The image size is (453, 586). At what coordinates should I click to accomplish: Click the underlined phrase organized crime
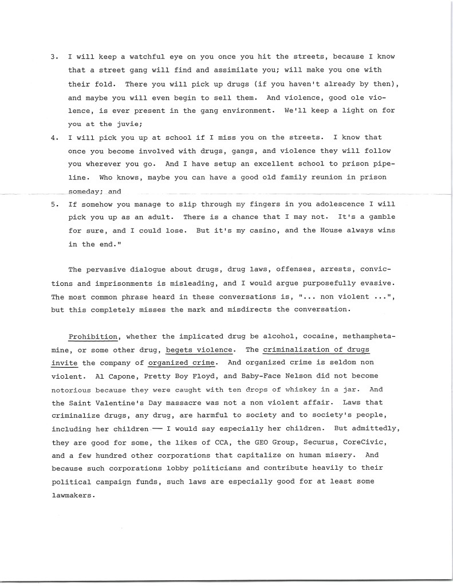point(181,363)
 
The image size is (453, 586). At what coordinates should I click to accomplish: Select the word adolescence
point(320,204)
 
